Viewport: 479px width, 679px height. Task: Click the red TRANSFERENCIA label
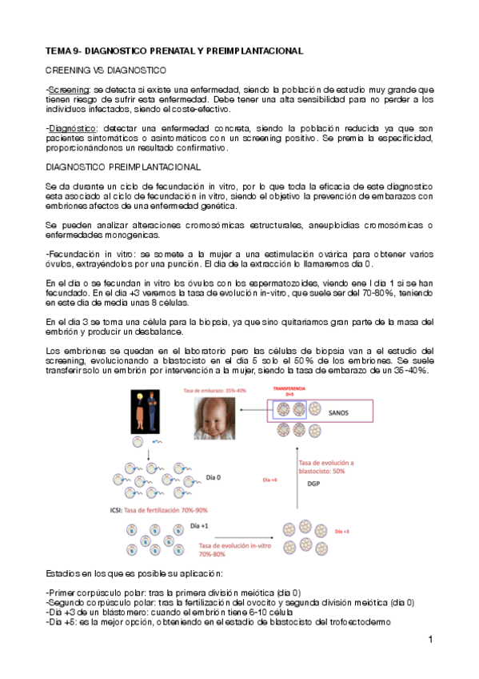(289, 388)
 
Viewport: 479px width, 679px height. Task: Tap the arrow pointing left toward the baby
(258, 413)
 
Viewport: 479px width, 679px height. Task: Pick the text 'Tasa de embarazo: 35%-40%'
(217, 390)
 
